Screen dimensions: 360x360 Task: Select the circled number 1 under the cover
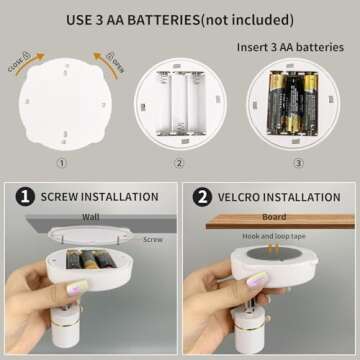61,163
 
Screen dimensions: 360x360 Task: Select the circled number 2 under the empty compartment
180,163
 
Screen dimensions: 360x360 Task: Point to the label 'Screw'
154,240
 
